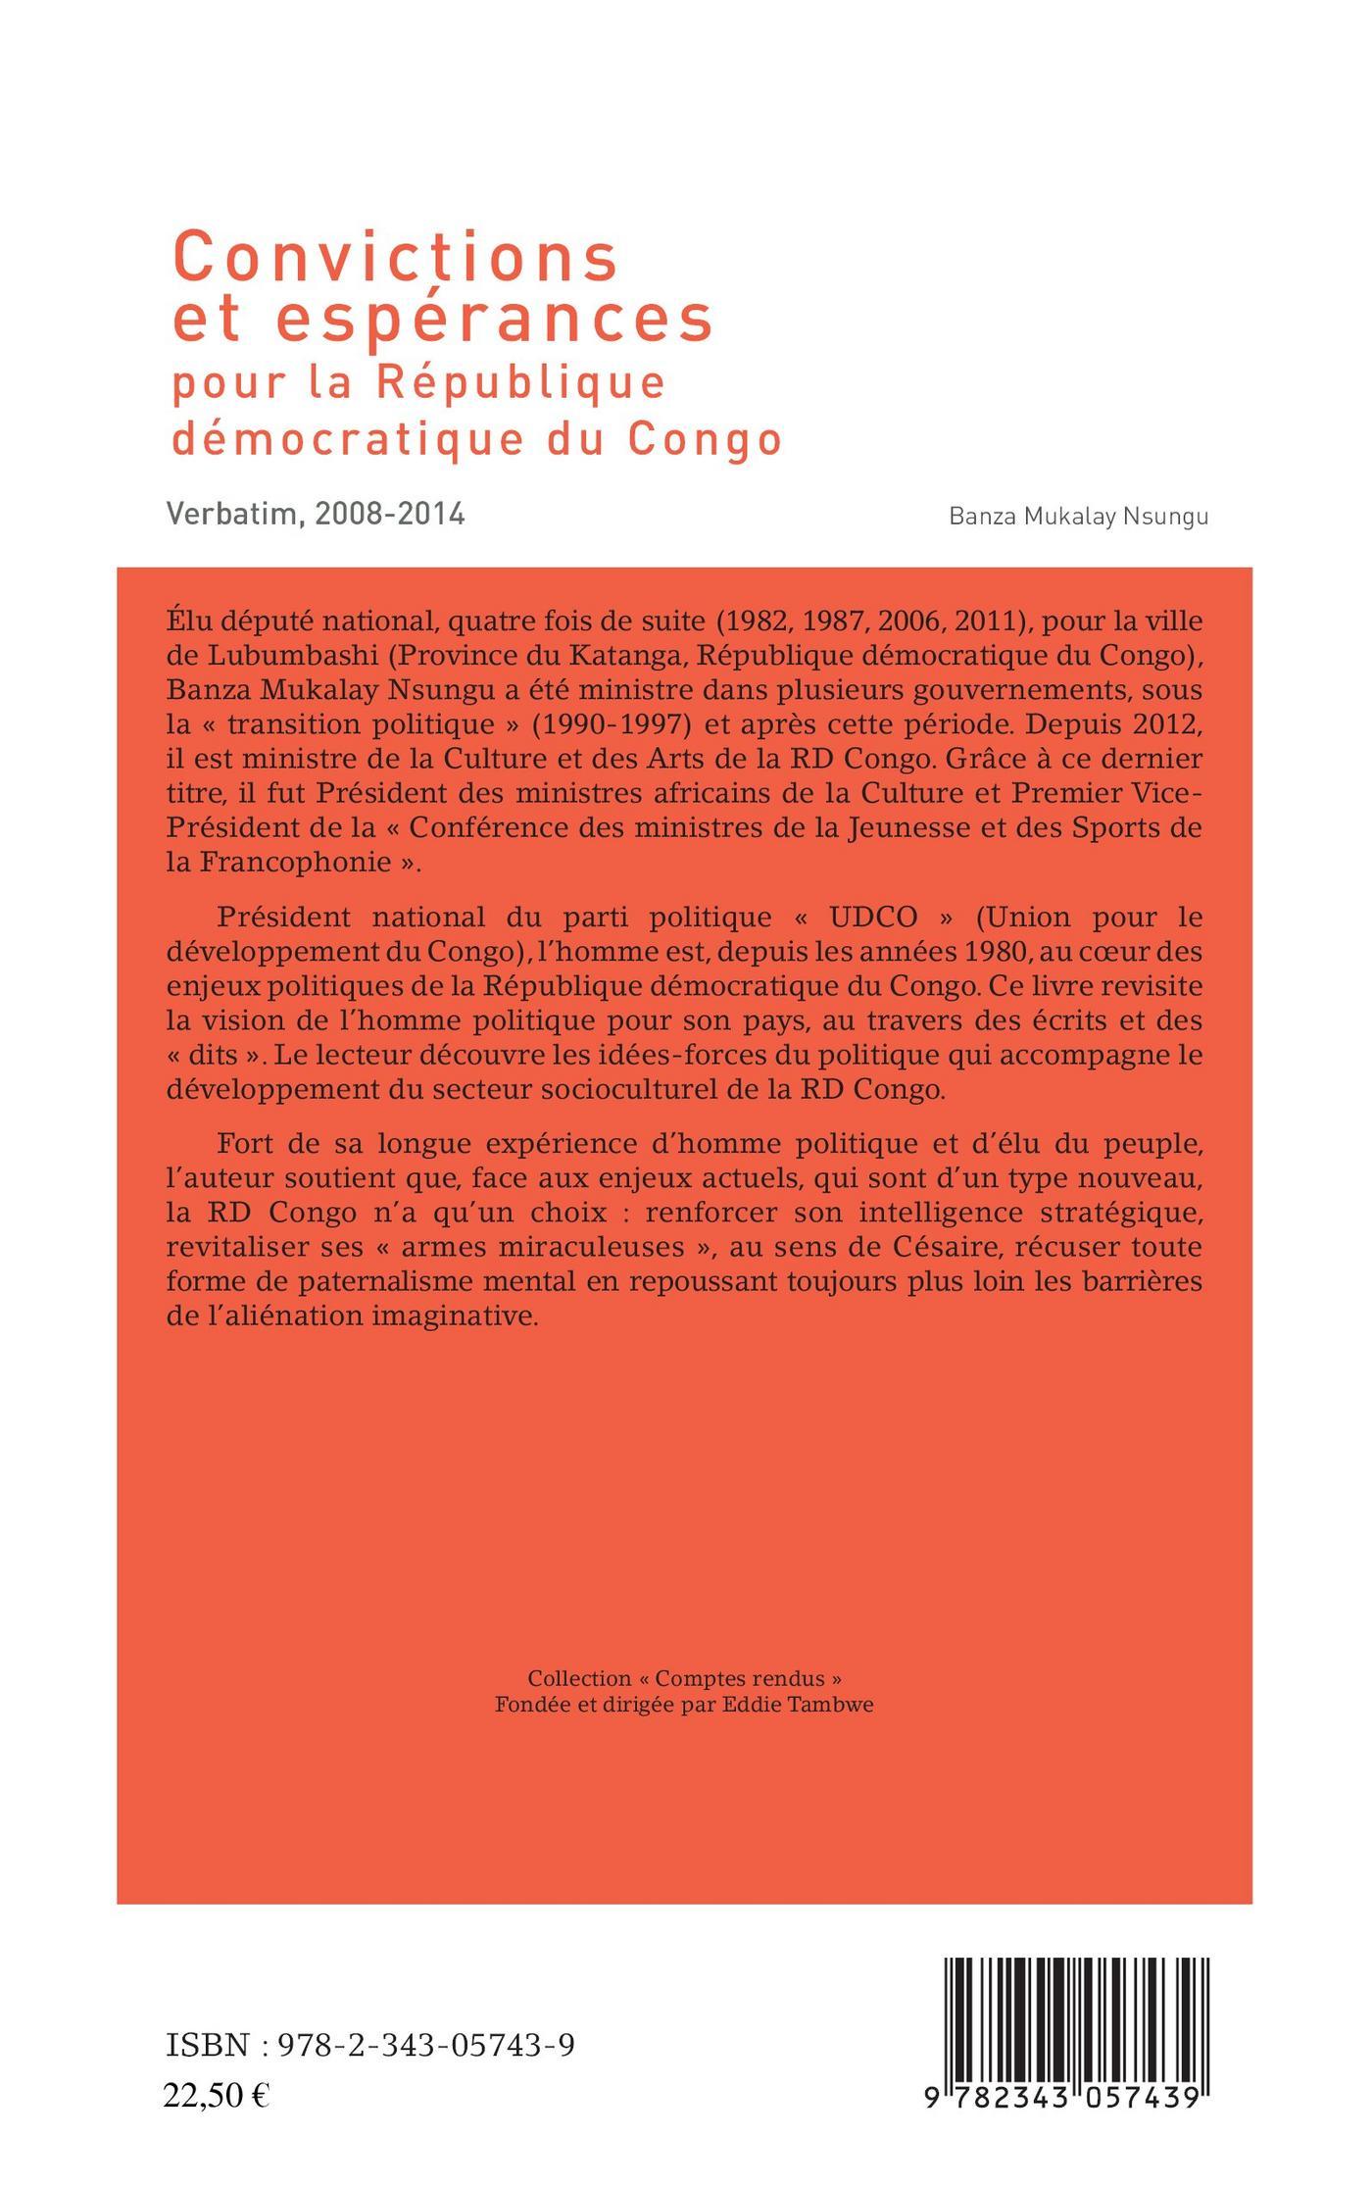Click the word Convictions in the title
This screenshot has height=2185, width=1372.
point(396,258)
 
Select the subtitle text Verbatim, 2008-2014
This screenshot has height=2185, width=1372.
point(316,514)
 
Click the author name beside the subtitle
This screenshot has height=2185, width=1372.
point(1078,518)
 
